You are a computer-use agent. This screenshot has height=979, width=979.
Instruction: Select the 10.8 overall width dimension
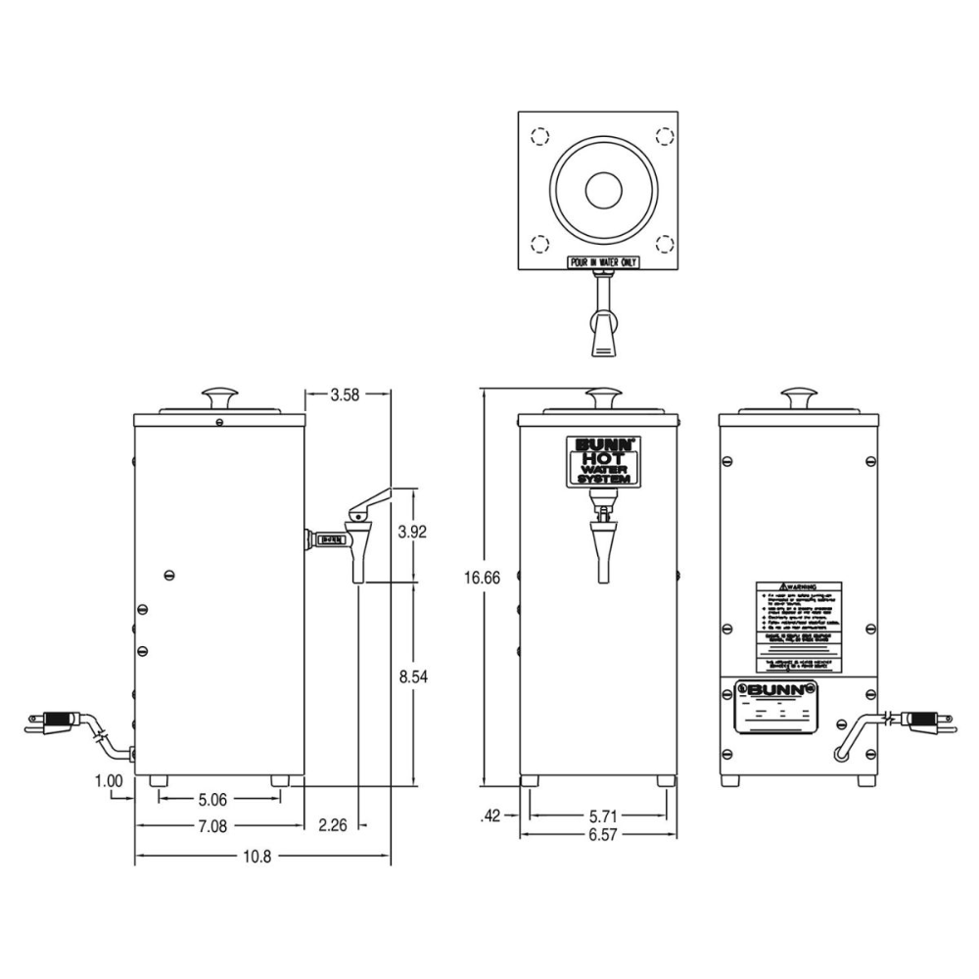pos(256,857)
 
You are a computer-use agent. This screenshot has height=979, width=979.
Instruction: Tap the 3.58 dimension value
pos(346,396)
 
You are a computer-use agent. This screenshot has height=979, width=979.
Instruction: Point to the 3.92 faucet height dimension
pos(412,533)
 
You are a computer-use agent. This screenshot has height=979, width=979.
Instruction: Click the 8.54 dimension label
pos(412,676)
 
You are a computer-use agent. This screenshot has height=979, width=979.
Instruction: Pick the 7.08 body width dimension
pos(212,826)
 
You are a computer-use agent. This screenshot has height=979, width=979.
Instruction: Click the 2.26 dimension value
pos(333,826)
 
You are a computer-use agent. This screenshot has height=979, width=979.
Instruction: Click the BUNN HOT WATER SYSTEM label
pos(604,461)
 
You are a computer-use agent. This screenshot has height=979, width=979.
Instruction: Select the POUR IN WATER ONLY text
pos(603,262)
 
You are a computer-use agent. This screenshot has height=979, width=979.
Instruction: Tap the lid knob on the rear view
pos(798,396)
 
